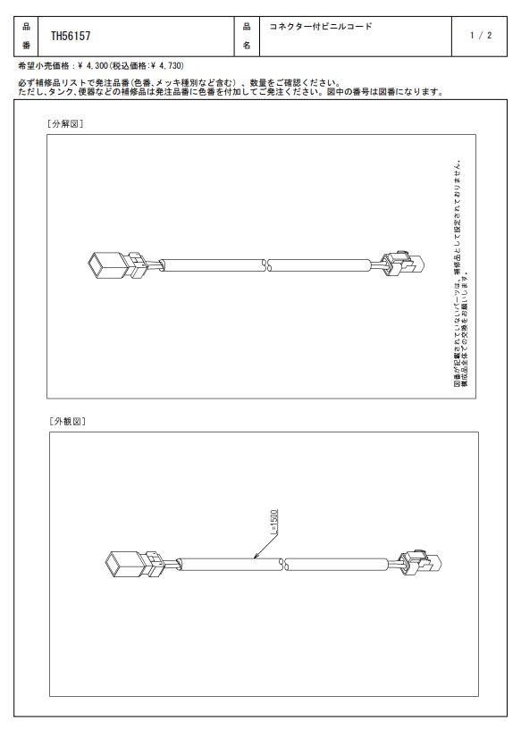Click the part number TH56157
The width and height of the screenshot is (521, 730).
point(71,36)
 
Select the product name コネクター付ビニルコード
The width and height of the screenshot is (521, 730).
point(321,27)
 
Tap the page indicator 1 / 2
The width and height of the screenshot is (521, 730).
point(481,36)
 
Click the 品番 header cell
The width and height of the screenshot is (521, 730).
point(26,36)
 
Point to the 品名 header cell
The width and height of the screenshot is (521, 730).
point(247,36)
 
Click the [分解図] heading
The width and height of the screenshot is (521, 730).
point(65,124)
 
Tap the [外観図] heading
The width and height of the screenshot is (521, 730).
point(68,422)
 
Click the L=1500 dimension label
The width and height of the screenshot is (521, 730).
point(274,522)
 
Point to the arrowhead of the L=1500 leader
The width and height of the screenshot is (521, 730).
point(255,558)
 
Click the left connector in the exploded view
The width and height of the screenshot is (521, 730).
point(118,265)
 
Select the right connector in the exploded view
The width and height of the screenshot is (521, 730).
point(403,264)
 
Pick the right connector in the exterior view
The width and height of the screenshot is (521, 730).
point(419,562)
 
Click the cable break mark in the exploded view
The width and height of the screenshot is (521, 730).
point(267,265)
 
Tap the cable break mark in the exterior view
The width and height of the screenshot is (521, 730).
point(283,565)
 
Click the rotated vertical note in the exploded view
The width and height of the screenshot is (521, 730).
point(461,273)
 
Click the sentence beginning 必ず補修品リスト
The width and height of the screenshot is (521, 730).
point(180,83)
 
